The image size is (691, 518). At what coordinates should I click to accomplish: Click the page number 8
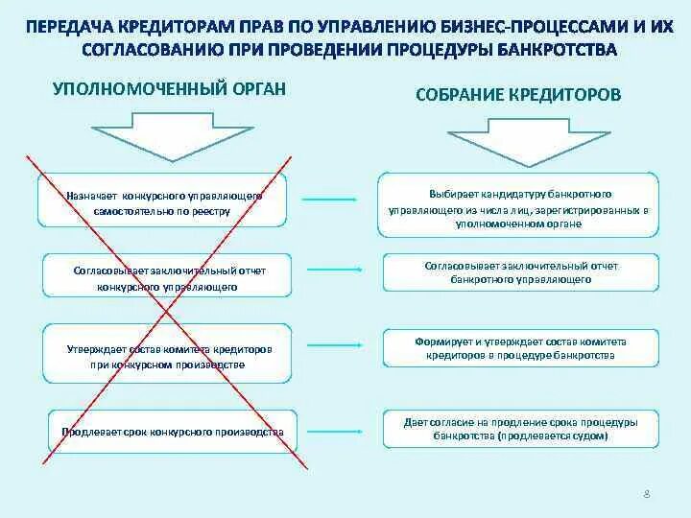[x=647, y=492]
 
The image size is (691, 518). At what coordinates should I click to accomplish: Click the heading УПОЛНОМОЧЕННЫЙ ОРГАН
[x=169, y=88]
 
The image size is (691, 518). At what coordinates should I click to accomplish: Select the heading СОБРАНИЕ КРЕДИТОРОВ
[x=518, y=96]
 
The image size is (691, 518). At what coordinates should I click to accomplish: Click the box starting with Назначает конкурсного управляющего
[x=165, y=202]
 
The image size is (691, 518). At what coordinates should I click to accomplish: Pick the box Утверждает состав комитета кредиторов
[x=170, y=357]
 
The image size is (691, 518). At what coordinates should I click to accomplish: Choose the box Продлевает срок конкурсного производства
[x=173, y=432]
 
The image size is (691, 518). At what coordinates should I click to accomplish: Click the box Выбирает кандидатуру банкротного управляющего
[x=519, y=207]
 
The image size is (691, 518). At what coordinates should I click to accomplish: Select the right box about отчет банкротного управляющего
[x=520, y=271]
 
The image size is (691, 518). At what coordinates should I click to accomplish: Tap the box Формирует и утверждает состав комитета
[x=520, y=347]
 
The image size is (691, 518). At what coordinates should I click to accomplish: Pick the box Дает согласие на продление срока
[x=520, y=428]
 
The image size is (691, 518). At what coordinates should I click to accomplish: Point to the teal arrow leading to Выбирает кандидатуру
[x=331, y=200]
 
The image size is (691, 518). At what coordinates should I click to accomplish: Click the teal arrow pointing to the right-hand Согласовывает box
[x=331, y=271]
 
